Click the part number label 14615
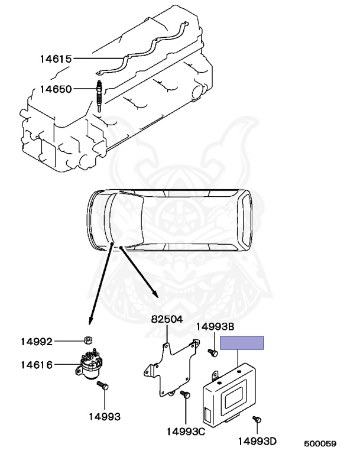point(56,59)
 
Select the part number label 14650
point(56,89)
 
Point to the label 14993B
point(215,326)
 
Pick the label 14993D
point(258,442)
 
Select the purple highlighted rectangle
point(242,343)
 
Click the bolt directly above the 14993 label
point(104,386)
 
